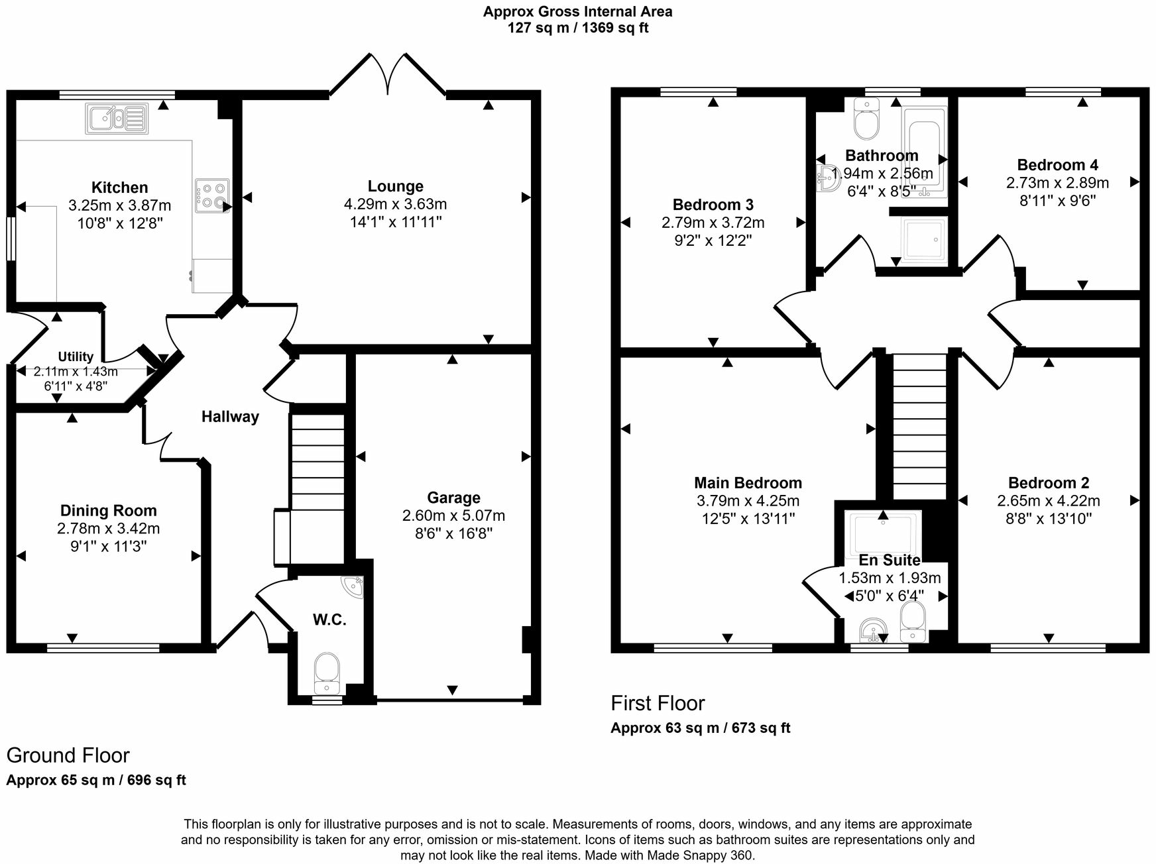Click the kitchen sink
point(115,119)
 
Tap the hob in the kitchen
point(212,195)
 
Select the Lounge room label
point(396,187)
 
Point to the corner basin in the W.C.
point(354,586)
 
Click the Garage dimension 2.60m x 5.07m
point(453,515)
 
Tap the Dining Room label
point(109,511)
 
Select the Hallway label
point(230,417)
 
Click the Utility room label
point(76,357)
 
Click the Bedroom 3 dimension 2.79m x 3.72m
point(713,223)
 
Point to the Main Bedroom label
point(748,483)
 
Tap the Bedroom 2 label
point(1048,483)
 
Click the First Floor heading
point(658,703)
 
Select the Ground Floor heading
point(68,755)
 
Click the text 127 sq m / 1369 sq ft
point(577,28)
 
